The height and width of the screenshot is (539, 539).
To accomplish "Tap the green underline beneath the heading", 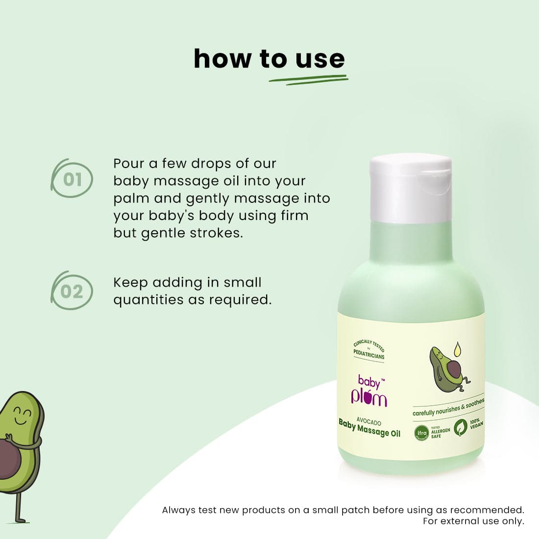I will (309, 80).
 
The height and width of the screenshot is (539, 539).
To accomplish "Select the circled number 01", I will (73, 179).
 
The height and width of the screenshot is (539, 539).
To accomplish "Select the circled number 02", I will (72, 292).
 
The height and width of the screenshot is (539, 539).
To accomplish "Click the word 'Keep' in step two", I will (130, 283).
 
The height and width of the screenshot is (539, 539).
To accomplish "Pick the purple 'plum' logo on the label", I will (369, 397).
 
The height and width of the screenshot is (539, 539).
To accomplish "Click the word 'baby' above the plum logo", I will (369, 381).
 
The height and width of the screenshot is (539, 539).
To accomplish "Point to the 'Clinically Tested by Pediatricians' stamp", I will (369, 349).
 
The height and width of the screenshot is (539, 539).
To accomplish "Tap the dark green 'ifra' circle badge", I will (421, 433).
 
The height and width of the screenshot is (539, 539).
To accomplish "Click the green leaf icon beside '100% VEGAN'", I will (460, 427).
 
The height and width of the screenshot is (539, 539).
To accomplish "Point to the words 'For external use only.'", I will (473, 521).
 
